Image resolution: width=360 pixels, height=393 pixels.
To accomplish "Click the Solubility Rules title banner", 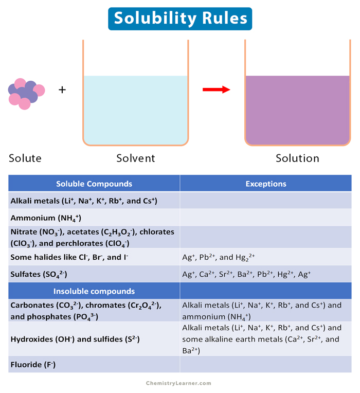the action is click(180, 19).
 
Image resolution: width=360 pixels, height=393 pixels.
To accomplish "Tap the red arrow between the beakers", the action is click(215, 90).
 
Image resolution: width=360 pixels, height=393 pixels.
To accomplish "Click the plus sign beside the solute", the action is click(62, 90).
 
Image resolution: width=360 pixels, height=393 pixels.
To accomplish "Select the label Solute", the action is click(25, 158).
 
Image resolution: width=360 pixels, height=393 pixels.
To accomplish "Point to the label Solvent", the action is click(135, 158).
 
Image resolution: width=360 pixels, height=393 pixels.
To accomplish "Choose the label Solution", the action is click(297, 158).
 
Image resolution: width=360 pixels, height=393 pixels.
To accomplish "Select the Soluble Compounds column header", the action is click(94, 184).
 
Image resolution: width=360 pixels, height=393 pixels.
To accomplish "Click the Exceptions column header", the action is click(266, 184).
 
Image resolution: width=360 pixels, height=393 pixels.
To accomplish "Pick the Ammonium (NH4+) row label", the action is click(46, 218).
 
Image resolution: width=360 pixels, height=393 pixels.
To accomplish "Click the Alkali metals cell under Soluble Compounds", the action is click(84, 201).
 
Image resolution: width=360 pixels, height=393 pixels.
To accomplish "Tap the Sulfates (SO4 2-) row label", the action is click(39, 274).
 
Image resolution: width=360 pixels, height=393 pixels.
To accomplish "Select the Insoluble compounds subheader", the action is click(94, 291).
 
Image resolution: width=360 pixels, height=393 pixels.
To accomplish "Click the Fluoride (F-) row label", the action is click(33, 365).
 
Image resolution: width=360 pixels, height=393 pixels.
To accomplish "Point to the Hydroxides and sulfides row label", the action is click(75, 339).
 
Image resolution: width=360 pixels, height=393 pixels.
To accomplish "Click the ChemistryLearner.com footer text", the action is click(178, 383).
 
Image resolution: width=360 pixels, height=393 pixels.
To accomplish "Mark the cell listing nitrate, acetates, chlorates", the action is click(93, 237).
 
